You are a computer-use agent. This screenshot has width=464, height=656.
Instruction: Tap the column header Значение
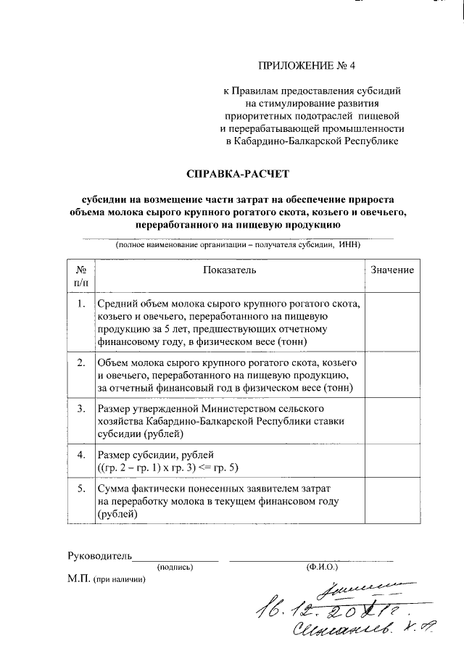point(392,270)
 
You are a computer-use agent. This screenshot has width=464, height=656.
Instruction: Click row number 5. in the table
point(81,491)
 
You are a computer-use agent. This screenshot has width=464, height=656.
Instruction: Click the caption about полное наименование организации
point(237,245)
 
